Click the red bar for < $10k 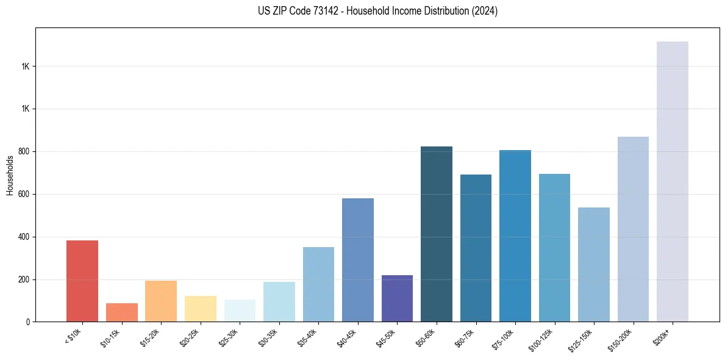pos(82,281)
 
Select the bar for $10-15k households pos(122,312)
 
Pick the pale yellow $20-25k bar pos(201,309)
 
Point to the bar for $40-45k pos(358,260)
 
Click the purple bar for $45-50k pos(397,298)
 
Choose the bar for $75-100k pos(515,236)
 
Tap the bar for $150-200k pos(633,229)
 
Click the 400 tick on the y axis pos(24,237)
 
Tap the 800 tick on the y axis pos(24,151)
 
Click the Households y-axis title pos(10,175)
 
